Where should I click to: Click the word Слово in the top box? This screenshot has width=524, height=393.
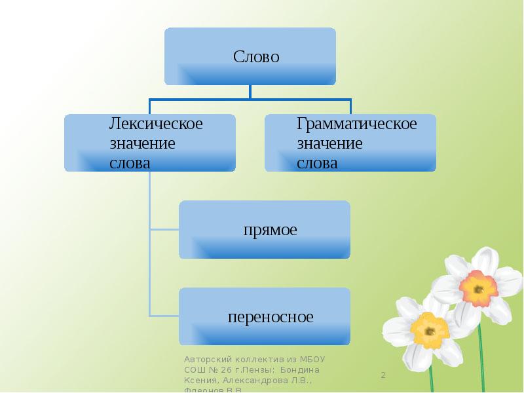point(256,57)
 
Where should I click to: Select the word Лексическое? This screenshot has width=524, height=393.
point(156,124)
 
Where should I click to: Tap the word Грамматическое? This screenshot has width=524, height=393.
point(356,124)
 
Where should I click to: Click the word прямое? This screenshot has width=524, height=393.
point(270,230)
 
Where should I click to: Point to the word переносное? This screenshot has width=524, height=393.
point(271,317)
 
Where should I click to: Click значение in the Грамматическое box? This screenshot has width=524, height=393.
point(329,143)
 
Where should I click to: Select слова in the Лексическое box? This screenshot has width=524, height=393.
point(130,162)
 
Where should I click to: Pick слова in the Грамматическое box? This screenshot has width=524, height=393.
point(317,162)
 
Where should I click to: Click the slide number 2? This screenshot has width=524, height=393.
point(384,375)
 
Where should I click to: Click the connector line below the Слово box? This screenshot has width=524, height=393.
point(250,92)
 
